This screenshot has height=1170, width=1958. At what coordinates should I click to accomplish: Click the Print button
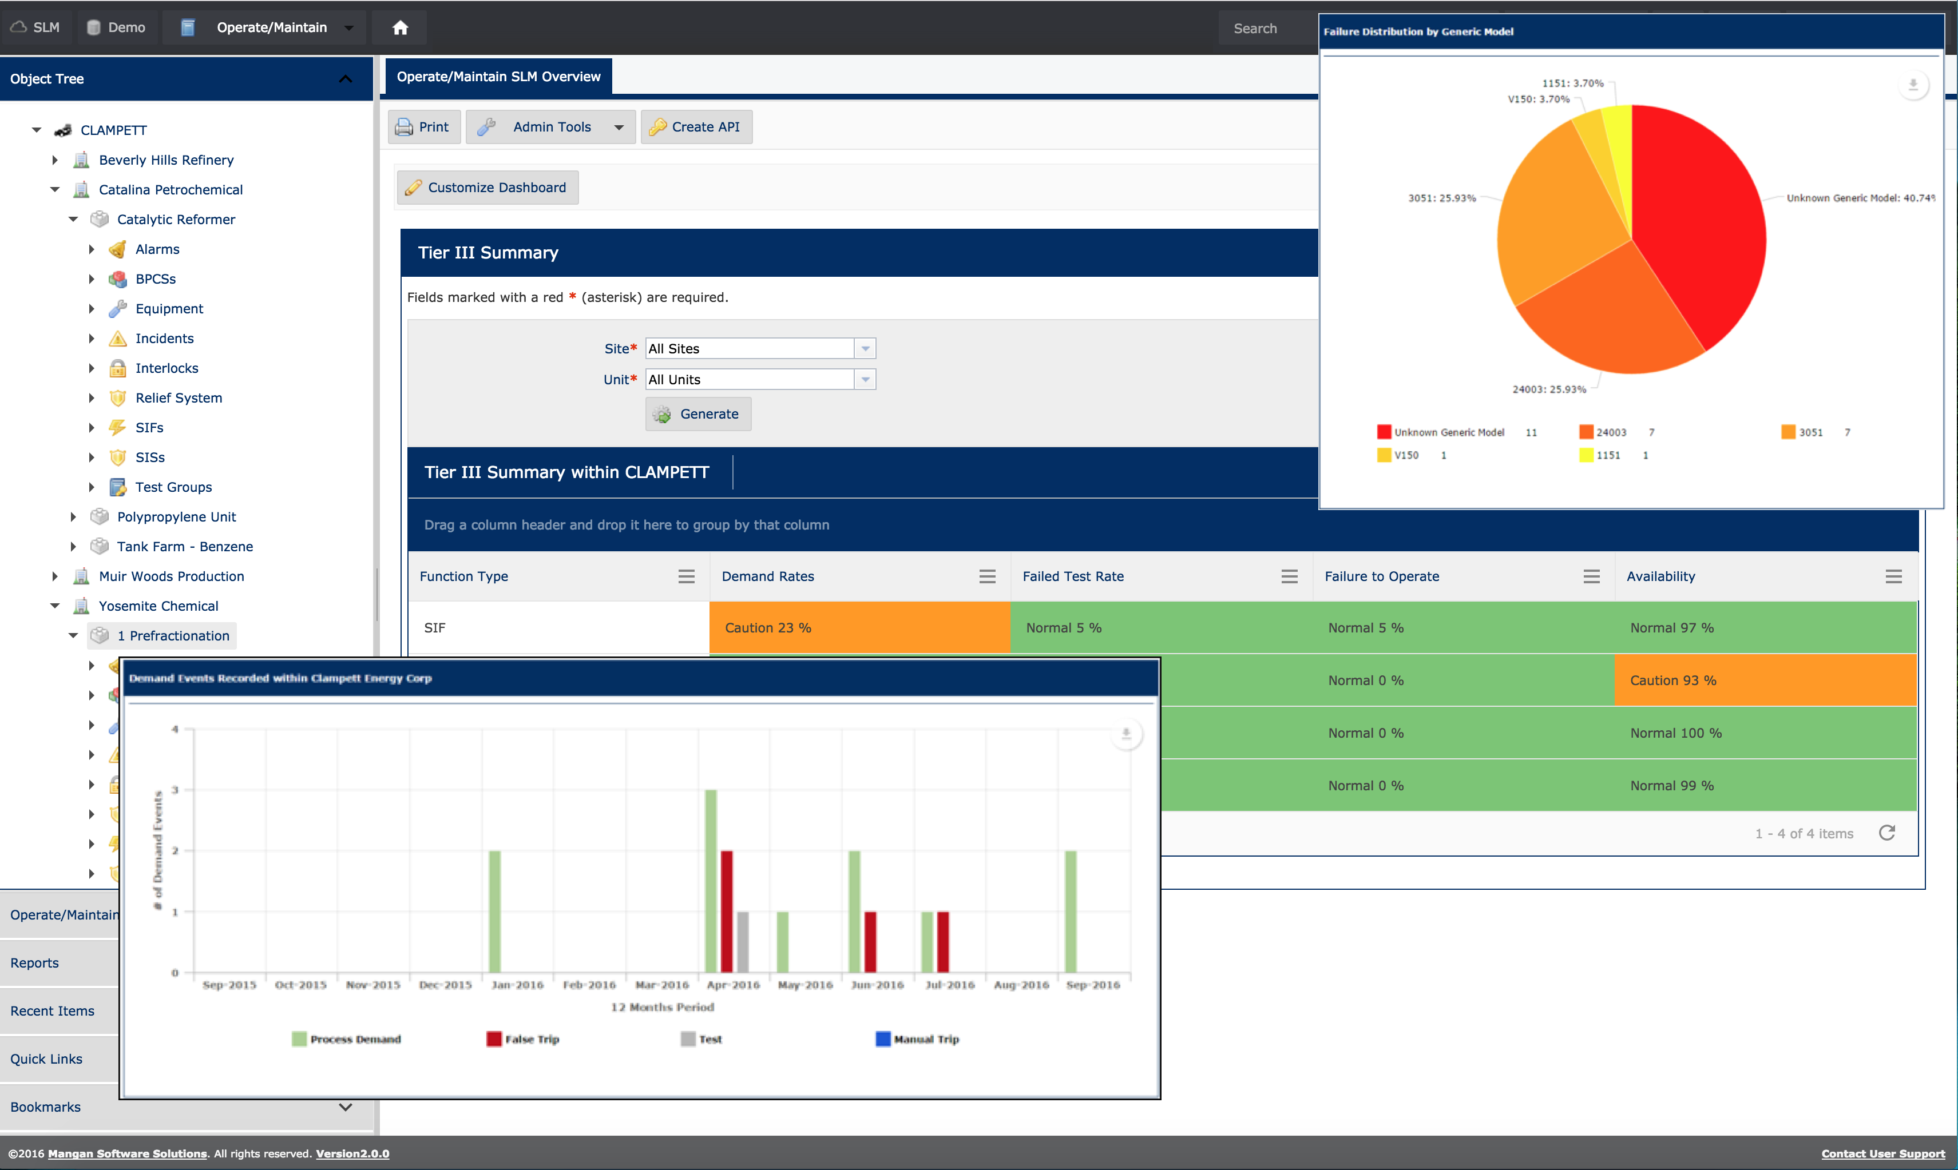click(422, 127)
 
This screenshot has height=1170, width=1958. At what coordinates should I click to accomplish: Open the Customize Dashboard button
click(487, 188)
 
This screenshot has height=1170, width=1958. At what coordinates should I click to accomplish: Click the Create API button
click(696, 127)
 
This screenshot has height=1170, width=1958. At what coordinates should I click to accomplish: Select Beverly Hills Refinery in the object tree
click(166, 160)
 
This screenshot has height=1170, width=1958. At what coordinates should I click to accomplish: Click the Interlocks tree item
click(167, 368)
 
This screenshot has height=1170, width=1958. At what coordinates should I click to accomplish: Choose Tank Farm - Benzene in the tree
click(185, 546)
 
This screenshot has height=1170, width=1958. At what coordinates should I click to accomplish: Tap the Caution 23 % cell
click(859, 627)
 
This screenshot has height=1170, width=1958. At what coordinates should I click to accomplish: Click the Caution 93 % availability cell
click(1765, 680)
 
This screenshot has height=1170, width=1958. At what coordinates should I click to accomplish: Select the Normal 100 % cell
click(1765, 733)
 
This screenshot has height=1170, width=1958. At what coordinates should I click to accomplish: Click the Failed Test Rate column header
click(1073, 576)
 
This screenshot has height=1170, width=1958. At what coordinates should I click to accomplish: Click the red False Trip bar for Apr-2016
click(727, 910)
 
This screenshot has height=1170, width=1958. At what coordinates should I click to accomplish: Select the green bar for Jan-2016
click(494, 910)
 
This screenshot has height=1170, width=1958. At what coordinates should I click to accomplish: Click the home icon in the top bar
click(400, 27)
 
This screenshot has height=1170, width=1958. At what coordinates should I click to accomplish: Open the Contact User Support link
click(1882, 1153)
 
